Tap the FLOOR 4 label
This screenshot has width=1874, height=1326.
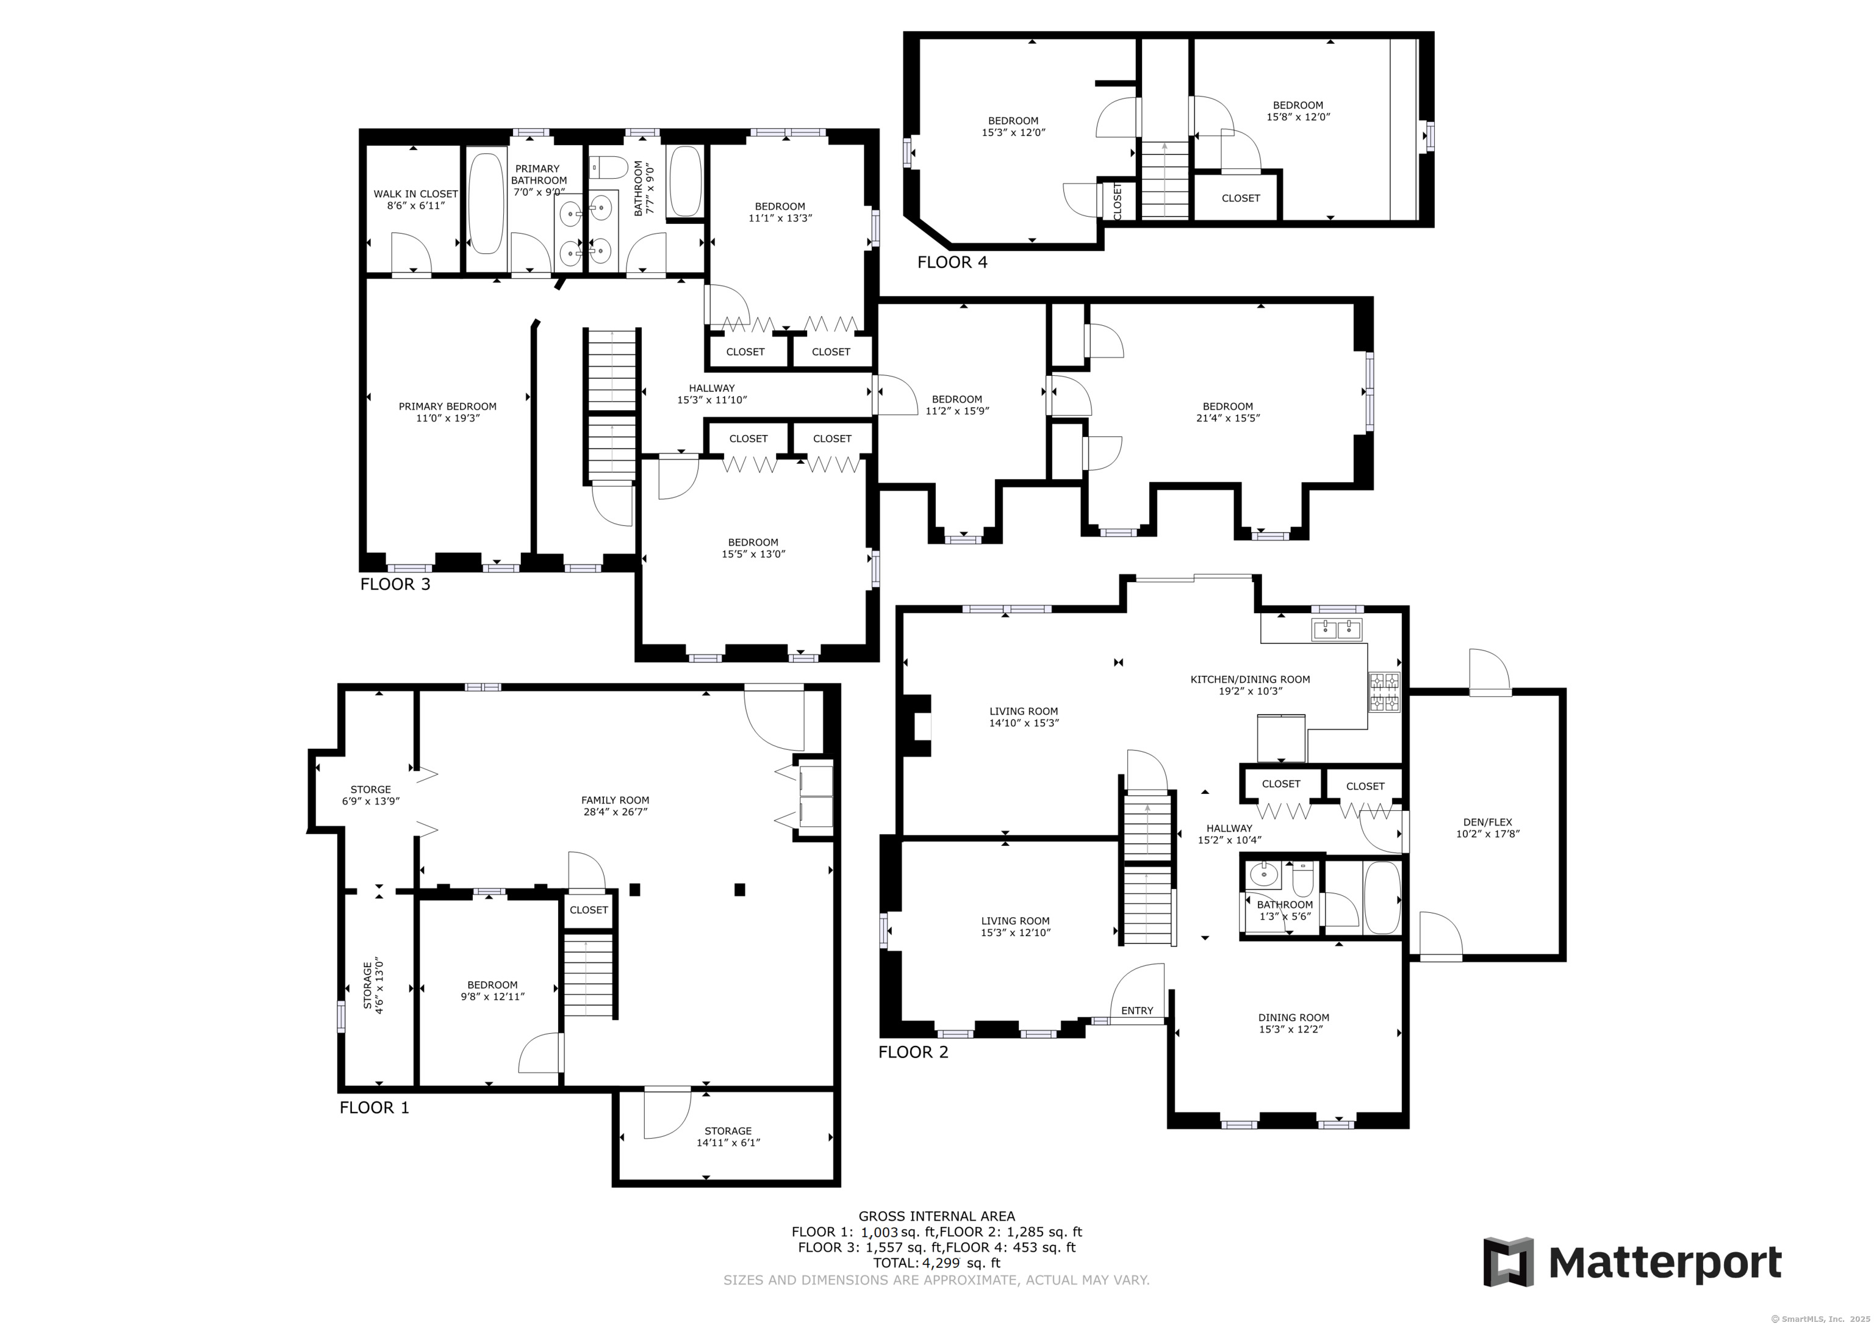[x=952, y=262]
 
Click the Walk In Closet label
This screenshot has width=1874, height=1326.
[x=415, y=199]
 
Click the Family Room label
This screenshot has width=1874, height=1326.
[x=616, y=806]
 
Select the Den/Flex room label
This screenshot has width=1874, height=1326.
[x=1488, y=828]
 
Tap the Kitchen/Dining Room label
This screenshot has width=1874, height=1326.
[x=1251, y=684]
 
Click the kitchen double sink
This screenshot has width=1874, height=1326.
[x=1337, y=629]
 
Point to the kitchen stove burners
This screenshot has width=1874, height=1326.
[x=1384, y=691]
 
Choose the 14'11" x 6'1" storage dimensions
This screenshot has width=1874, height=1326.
[x=728, y=1142]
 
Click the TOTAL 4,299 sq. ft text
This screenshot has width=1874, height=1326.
[x=937, y=1263]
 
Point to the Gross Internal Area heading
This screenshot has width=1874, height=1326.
[x=937, y=1216]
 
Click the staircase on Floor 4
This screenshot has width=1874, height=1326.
[x=1164, y=179]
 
